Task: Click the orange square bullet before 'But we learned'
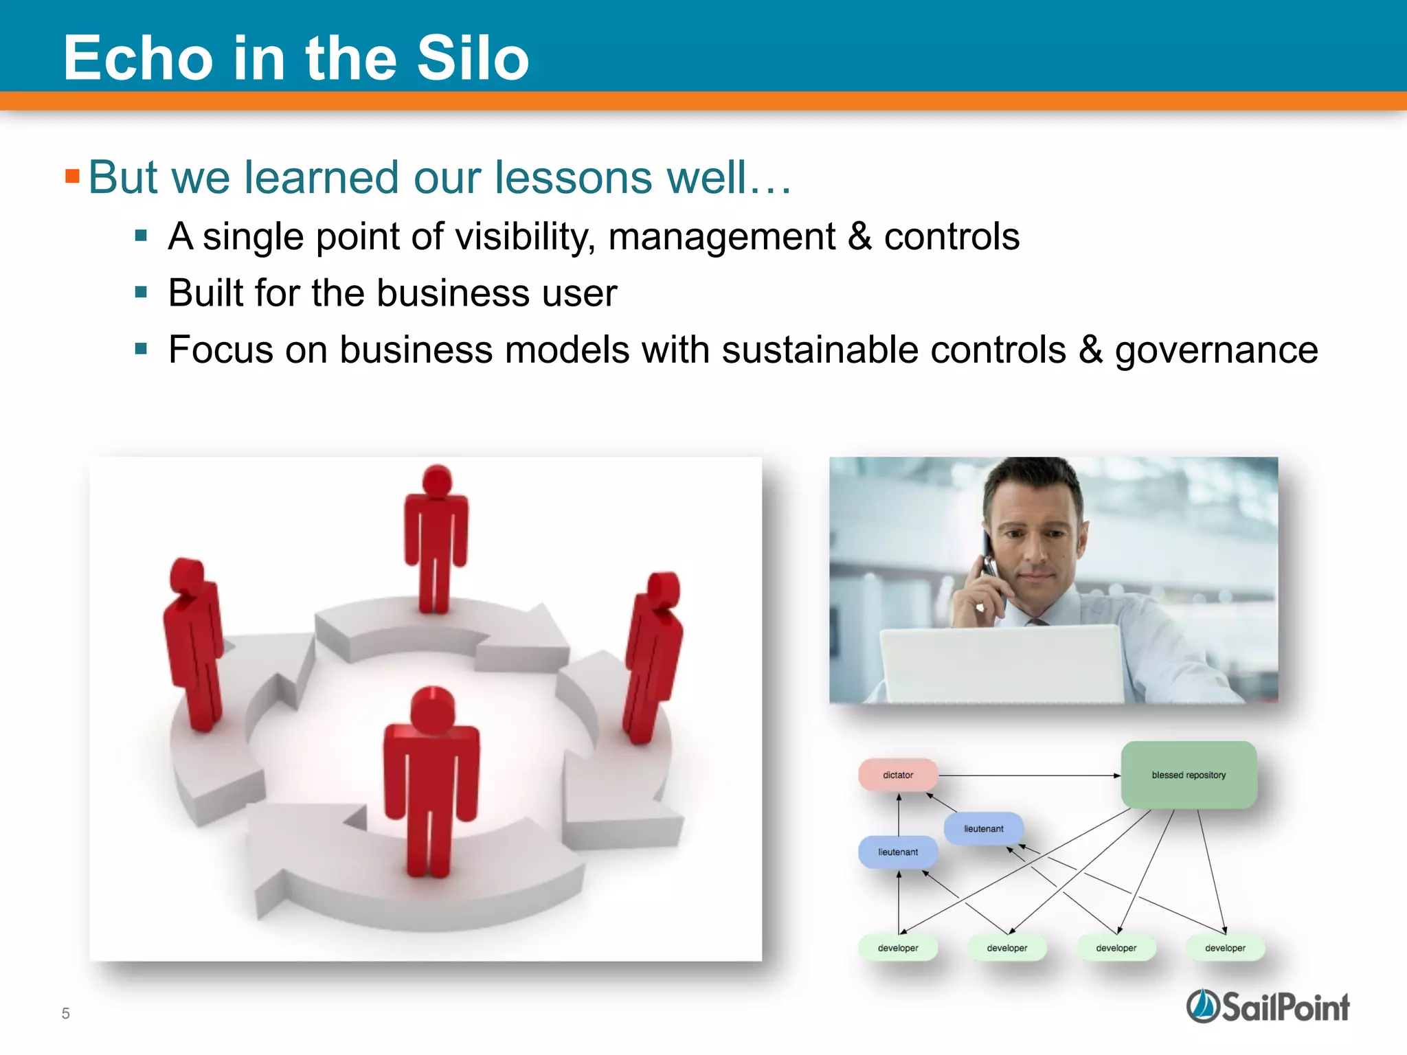[x=72, y=177]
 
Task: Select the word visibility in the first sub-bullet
[x=524, y=237]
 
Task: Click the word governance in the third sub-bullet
[x=1215, y=350]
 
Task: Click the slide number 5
[x=66, y=1013]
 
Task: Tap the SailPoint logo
[x=1268, y=1007]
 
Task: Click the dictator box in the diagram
[x=898, y=775]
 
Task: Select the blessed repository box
[x=1189, y=775]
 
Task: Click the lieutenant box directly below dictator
[x=898, y=852]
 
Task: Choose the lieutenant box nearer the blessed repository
[x=983, y=828]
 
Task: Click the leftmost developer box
[x=898, y=948]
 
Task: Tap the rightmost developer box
[x=1225, y=948]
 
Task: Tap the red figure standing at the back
[x=436, y=536]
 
